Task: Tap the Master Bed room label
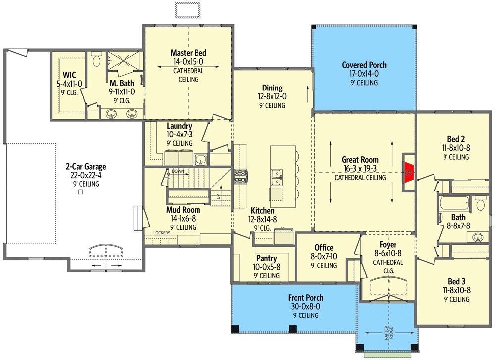[188, 53]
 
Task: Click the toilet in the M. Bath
[96, 61]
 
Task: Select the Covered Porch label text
[364, 65]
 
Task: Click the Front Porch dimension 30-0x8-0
[305, 307]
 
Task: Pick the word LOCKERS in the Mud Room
[162, 233]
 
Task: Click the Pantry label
[266, 258]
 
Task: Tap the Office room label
[324, 248]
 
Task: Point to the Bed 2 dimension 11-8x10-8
[455, 148]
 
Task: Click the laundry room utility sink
[200, 159]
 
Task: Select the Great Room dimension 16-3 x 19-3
[360, 169]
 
